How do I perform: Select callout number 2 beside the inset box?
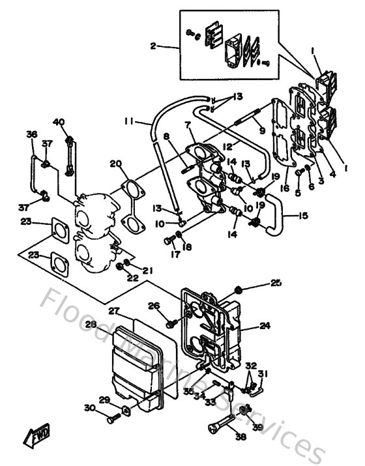153,46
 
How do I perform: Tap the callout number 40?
59,122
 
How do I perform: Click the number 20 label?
116,163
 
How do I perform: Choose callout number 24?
265,324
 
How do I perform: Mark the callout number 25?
276,283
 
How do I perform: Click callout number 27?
114,311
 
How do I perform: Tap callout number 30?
89,408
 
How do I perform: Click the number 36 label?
31,134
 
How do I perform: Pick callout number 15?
303,216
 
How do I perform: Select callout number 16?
284,188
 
